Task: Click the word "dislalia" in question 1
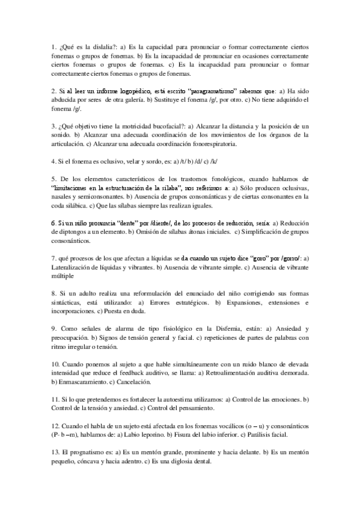[x=96, y=46]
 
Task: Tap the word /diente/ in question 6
[x=169, y=224]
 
